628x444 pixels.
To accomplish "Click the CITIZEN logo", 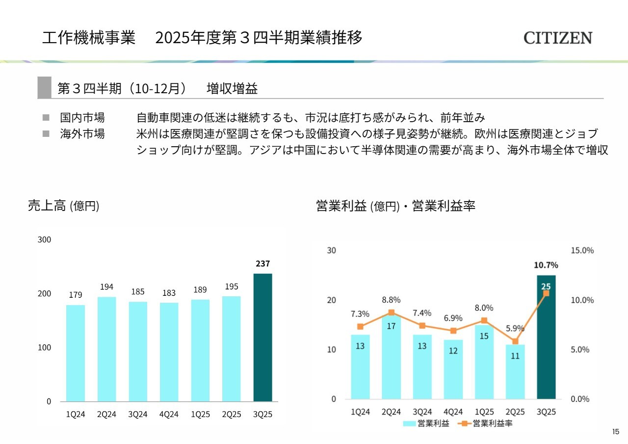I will coord(558,38).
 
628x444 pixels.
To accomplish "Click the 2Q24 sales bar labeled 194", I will coord(106,349).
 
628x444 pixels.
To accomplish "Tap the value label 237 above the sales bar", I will coord(262,264).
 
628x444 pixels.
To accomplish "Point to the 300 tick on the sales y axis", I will coord(44,240).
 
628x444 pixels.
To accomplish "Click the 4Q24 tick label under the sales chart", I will coord(169,414).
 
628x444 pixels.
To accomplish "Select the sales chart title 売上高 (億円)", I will coord(64,206).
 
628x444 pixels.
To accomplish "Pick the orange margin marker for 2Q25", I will coord(515,341).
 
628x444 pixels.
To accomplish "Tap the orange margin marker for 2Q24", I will coord(391,312).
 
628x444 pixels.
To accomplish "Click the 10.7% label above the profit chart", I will coord(546,265).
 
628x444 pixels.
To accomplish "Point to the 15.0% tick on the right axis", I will coord(582,250).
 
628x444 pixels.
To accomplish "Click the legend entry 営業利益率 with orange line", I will coord(487,423).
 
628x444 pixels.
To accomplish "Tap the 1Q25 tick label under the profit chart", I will coord(484,412).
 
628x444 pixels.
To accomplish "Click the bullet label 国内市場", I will coord(82,118).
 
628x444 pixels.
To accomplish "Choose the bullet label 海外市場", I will coord(82,134).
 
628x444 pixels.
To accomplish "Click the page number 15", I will coord(616,432).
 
